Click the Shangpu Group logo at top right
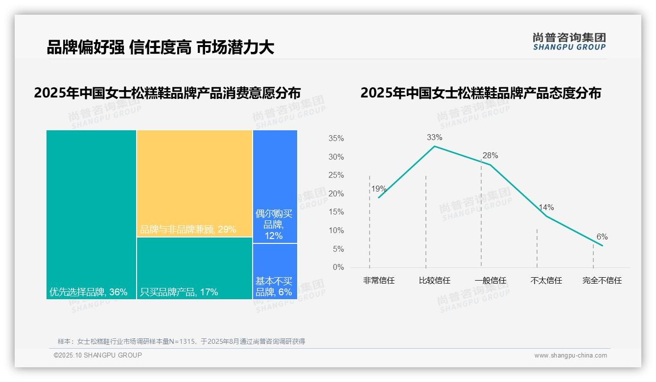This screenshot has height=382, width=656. tap(569, 42)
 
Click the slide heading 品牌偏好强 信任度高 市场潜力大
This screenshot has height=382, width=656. tap(160, 47)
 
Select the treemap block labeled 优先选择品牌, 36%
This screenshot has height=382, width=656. tap(91, 214)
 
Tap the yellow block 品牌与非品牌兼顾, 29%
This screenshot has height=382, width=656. tap(194, 183)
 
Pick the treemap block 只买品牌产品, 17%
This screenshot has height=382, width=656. tap(194, 268)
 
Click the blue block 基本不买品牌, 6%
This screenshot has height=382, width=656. tap(275, 271)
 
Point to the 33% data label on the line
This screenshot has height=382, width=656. tap(434, 137)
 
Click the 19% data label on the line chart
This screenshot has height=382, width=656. tap(378, 189)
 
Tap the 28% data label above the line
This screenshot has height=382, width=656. tap(490, 156)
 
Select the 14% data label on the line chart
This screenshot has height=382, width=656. tap(546, 207)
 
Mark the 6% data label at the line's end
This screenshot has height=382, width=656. tap(602, 237)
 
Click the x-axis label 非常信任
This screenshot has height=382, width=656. tap(378, 281)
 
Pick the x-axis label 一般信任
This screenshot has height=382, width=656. tap(490, 281)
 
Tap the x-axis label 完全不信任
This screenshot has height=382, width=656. tap(602, 281)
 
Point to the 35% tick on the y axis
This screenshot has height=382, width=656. tap(336, 139)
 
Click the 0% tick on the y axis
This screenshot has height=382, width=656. tap(338, 267)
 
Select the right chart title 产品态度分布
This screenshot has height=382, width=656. tap(480, 93)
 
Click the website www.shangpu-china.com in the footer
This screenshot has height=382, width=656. tap(570, 356)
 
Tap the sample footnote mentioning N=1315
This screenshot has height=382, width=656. tap(181, 341)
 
